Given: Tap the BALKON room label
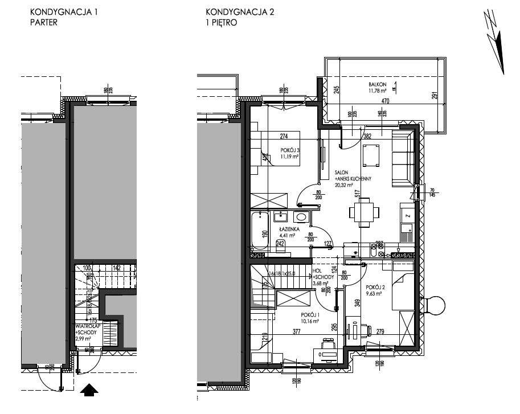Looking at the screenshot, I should tap(378, 84).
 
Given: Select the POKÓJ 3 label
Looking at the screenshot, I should tap(289, 151).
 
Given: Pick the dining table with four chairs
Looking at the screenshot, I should tap(365, 212).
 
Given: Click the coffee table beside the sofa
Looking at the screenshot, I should tap(371, 153).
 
